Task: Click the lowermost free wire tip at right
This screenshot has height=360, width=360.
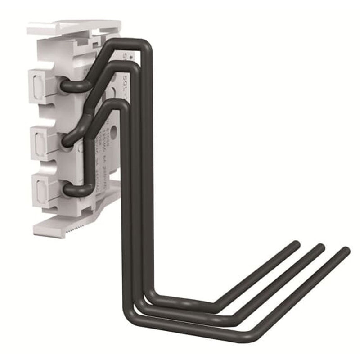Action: pos(345,251)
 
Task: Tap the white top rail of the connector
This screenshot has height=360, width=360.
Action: pos(72,27)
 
